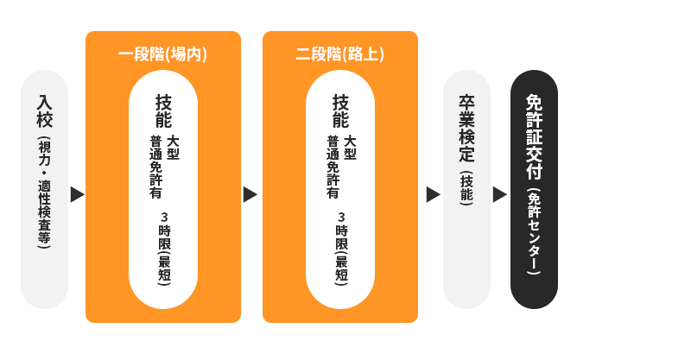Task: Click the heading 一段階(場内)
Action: pyautogui.click(x=162, y=54)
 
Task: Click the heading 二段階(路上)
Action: pyautogui.click(x=339, y=54)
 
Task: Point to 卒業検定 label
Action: pyautogui.click(x=466, y=129)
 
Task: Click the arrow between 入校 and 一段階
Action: pyautogui.click(x=77, y=194)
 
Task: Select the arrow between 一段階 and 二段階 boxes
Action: pyautogui.click(x=250, y=194)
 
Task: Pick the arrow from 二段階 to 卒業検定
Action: pyautogui.click(x=433, y=194)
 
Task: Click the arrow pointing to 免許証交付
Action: pyautogui.click(x=499, y=194)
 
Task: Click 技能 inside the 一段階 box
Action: pyautogui.click(x=163, y=111)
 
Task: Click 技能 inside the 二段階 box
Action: pyautogui.click(x=340, y=111)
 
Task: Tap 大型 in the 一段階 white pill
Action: pyautogui.click(x=173, y=147)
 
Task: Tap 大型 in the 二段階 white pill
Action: pyautogui.click(x=350, y=147)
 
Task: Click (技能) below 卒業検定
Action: pyautogui.click(x=466, y=189)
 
